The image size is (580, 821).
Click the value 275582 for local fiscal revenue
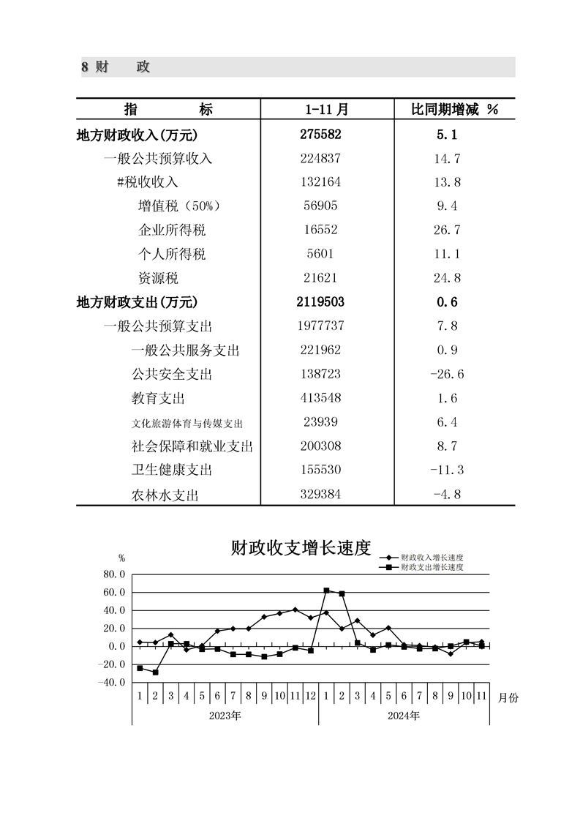pyautogui.click(x=321, y=135)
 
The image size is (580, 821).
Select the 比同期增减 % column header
pyautogui.click(x=454, y=110)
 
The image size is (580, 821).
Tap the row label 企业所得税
pyautogui.click(x=172, y=230)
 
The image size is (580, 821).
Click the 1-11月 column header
pyautogui.click(x=326, y=110)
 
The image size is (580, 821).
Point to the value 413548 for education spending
pyautogui.click(x=321, y=399)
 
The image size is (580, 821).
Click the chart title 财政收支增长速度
pyautogui.click(x=301, y=548)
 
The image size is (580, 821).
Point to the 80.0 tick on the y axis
pyautogui.click(x=116, y=574)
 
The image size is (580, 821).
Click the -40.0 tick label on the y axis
pyautogui.click(x=113, y=683)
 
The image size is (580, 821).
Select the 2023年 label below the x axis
pyautogui.click(x=225, y=716)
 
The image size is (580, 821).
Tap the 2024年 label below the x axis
pyautogui.click(x=404, y=716)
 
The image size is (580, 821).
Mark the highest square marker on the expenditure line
pyautogui.click(x=326, y=591)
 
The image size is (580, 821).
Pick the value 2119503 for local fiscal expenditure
pyautogui.click(x=321, y=302)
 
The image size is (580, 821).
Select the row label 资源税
pyautogui.click(x=158, y=279)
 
